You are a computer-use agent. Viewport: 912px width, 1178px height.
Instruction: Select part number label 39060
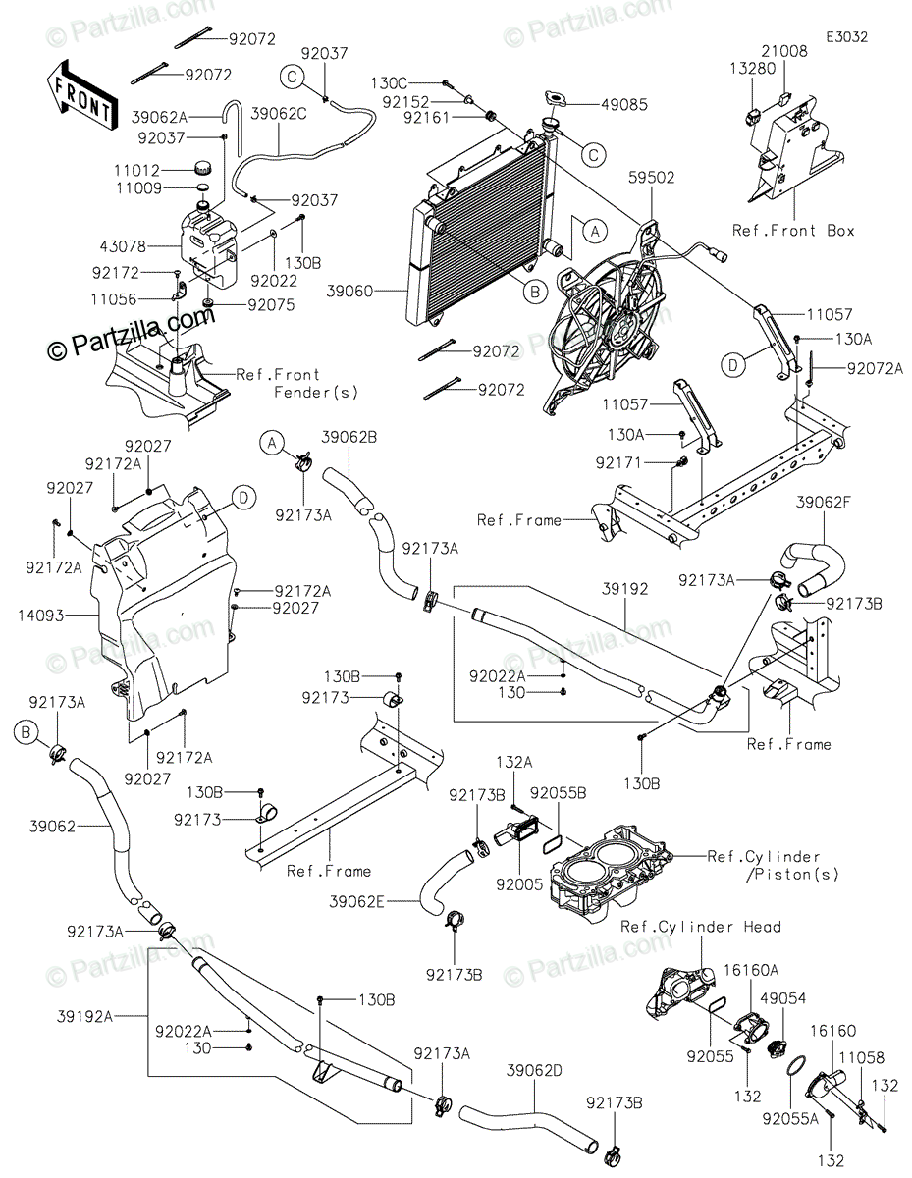point(379,292)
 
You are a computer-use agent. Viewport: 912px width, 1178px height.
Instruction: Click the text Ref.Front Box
point(794,231)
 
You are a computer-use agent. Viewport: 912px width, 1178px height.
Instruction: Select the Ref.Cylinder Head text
point(701,926)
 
